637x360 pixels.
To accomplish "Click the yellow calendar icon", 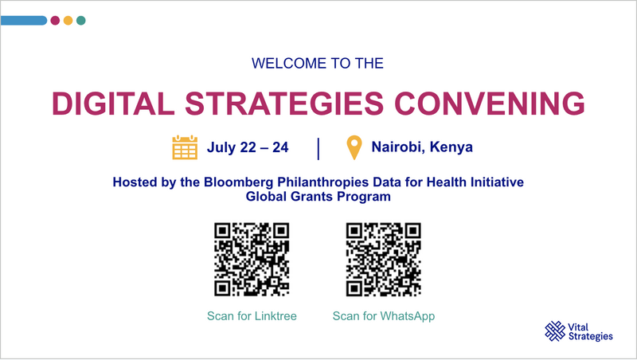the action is click(185, 147).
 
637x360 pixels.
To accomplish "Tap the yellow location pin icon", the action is click(354, 147).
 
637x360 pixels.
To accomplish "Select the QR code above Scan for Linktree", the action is click(252, 259).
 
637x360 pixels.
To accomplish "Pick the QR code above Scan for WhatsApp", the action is click(384, 259).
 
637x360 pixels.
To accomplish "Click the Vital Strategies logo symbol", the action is click(555, 331).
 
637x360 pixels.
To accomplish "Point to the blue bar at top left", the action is click(24, 21).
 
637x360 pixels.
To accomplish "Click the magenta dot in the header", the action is click(55, 21).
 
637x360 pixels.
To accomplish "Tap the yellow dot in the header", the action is click(68, 21).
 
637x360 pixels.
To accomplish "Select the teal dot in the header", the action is click(81, 21).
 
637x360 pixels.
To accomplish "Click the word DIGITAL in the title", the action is click(113, 104).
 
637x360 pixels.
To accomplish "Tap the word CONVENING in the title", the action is click(490, 104).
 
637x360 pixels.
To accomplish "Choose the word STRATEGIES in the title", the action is click(284, 104).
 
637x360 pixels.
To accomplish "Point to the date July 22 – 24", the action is click(248, 147).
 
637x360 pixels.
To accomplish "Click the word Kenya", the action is click(451, 147).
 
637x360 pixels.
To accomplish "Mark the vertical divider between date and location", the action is click(318, 149).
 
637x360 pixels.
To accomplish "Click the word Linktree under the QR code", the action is click(276, 315).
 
